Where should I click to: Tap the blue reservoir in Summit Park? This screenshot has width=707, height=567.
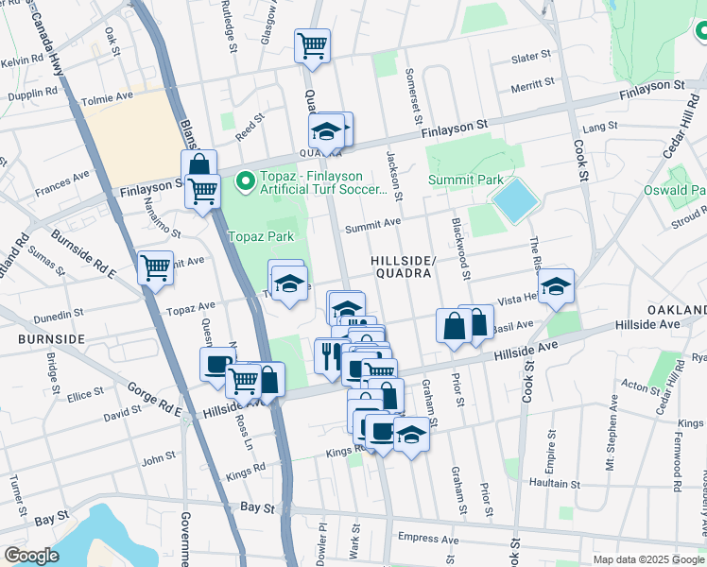point(515,200)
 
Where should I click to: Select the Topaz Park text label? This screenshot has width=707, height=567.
point(261,236)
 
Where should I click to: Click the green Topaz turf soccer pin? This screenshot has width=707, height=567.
point(246,179)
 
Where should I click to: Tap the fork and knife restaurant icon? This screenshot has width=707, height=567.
point(330,356)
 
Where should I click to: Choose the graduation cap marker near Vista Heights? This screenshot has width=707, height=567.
point(556,285)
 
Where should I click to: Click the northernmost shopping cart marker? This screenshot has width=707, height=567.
point(312,44)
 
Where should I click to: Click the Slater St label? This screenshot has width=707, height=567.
point(530,59)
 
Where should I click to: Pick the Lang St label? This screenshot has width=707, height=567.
point(599,126)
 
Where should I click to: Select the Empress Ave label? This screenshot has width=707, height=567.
point(427,540)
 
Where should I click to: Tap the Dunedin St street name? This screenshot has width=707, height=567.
point(60,309)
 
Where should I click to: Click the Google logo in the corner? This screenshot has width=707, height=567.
point(31,555)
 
